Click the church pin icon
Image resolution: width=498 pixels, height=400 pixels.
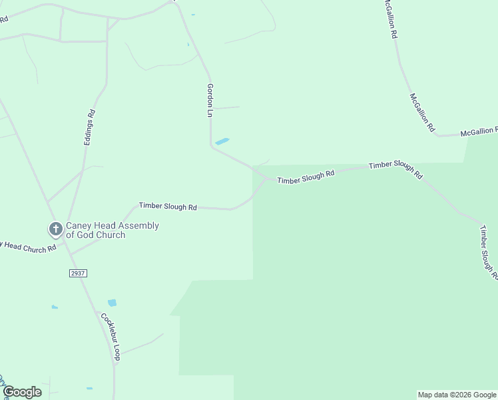[55, 229]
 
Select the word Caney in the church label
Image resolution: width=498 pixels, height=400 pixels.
[78, 226]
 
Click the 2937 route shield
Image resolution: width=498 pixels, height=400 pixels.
[78, 273]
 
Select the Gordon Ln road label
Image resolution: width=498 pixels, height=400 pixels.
[210, 101]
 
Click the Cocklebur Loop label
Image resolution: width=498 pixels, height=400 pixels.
[111, 337]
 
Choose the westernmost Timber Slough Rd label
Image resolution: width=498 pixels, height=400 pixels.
[168, 207]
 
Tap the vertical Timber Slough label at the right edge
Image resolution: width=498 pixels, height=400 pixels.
[489, 251]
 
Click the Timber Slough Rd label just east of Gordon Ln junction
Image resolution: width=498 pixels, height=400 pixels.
[306, 177]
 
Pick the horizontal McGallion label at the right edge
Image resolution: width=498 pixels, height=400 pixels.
[479, 131]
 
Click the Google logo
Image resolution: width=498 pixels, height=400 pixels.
[21, 392]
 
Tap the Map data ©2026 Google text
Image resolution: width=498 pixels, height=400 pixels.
[457, 395]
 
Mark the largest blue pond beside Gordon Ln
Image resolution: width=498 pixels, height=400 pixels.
[222, 141]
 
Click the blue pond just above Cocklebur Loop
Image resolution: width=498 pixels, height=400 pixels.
[112, 303]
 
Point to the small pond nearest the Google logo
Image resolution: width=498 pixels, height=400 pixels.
[89, 388]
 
